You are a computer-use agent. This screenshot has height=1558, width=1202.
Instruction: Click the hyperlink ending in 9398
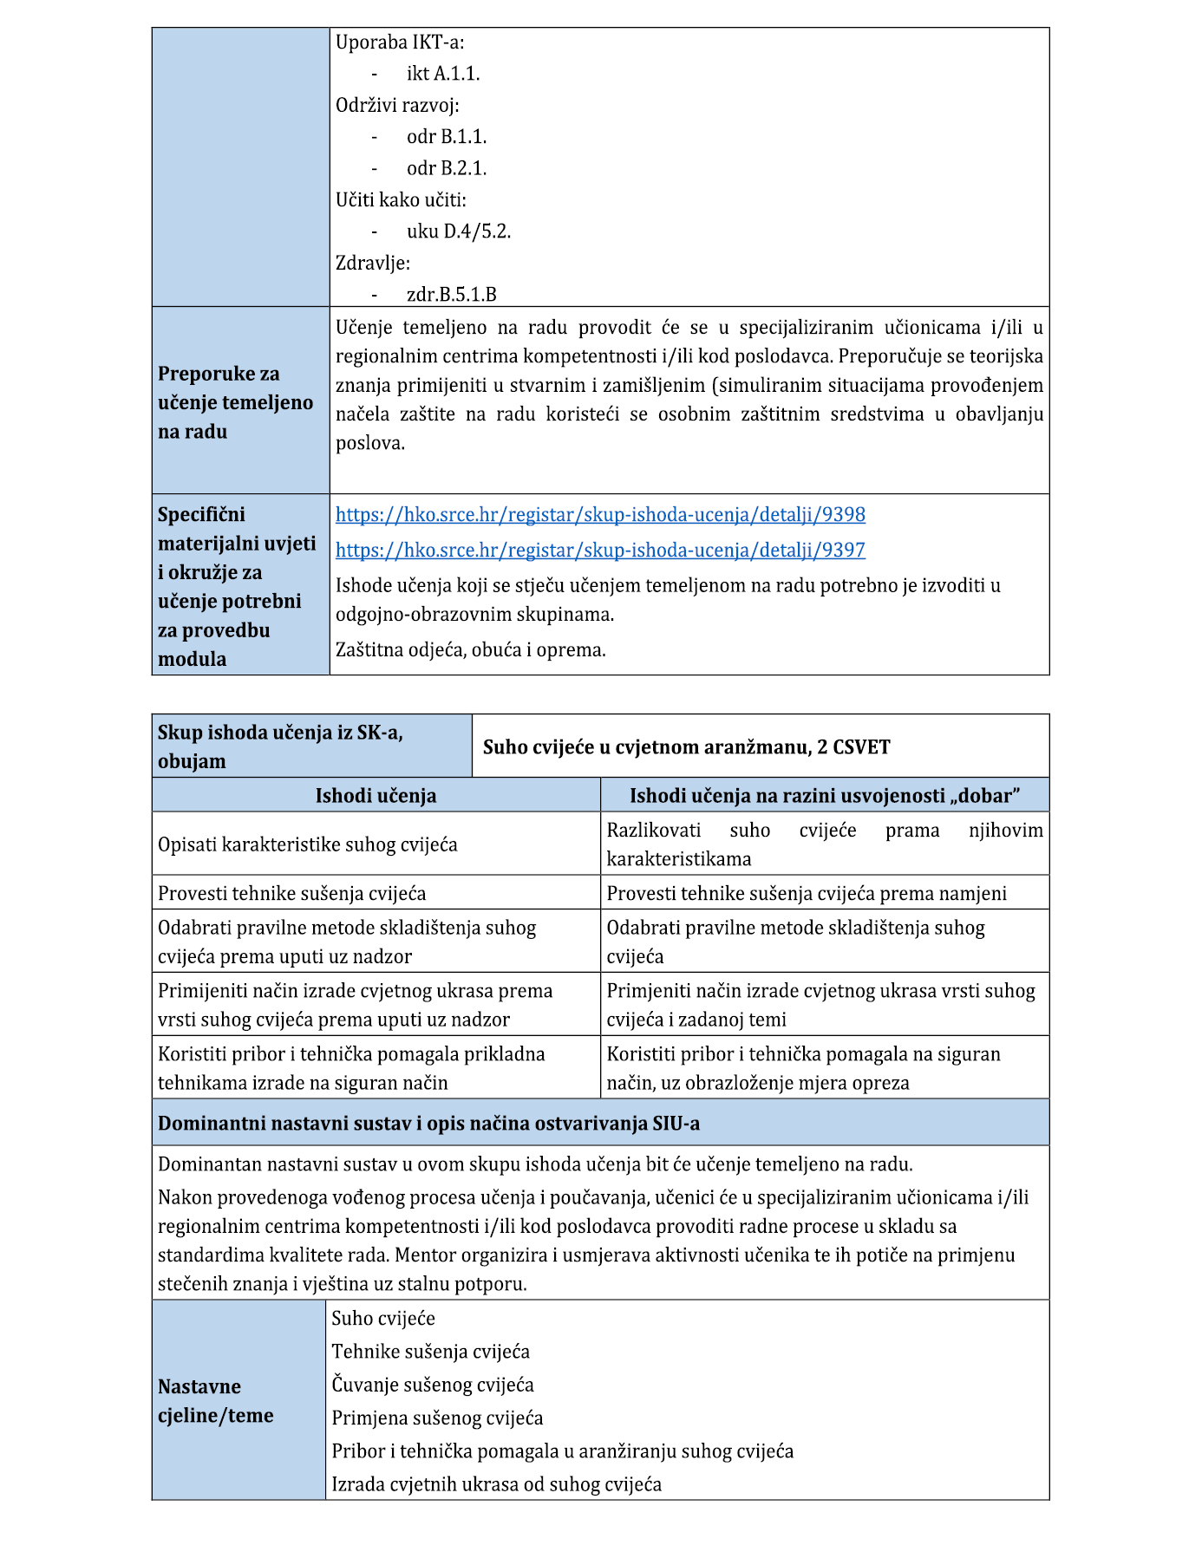click(600, 514)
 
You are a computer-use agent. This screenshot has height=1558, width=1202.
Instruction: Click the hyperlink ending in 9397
click(600, 550)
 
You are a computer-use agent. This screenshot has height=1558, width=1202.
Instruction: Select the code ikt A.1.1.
click(443, 74)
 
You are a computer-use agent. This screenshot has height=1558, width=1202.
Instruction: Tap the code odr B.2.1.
click(447, 168)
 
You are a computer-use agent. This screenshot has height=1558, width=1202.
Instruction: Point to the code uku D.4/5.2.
click(459, 231)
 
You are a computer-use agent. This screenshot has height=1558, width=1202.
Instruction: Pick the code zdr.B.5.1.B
click(452, 295)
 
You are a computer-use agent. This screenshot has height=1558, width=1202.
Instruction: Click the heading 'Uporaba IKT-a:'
click(400, 42)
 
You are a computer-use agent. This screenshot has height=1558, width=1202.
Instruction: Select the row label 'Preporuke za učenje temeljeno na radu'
click(235, 402)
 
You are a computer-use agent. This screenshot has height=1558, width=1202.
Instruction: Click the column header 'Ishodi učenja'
click(376, 796)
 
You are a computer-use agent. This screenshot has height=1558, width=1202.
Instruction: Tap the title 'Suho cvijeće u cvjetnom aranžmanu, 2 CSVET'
click(686, 747)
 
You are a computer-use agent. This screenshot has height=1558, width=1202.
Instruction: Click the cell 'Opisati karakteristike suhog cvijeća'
click(308, 844)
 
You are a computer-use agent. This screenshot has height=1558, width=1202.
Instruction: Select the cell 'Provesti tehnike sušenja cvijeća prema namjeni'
click(807, 893)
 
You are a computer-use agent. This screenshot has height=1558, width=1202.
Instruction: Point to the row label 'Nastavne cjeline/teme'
click(216, 1401)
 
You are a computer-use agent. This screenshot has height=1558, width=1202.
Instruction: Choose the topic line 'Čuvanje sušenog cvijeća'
click(433, 1385)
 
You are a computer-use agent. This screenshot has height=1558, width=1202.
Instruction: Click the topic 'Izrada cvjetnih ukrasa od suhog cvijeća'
click(496, 1484)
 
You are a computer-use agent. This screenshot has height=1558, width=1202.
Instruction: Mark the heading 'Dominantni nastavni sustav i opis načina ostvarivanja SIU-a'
click(428, 1124)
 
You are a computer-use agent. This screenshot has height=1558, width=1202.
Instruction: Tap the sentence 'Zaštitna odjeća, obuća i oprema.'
click(471, 650)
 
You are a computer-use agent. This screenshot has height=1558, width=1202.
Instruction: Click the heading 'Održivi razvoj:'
click(397, 106)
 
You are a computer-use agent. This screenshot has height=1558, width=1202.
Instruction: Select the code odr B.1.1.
click(447, 137)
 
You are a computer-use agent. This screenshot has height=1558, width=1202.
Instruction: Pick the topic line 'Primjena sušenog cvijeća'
click(437, 1418)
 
